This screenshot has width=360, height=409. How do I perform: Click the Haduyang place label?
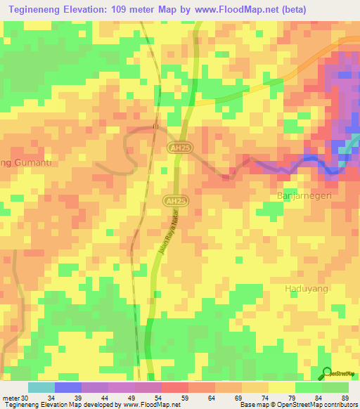click(306, 289)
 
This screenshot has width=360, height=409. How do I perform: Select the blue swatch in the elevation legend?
click(68, 387)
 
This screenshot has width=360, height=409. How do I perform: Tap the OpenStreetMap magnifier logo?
click(327, 373)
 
